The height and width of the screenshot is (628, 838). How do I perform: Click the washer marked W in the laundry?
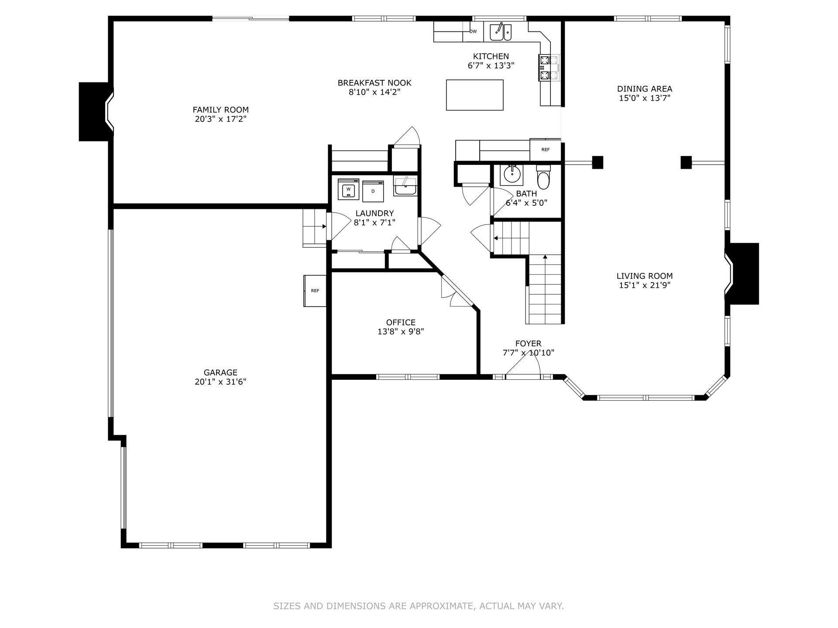[348, 189]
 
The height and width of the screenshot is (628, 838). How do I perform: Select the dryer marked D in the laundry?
[373, 191]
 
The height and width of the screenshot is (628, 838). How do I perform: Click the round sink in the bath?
[511, 175]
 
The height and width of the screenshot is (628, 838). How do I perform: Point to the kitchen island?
[474, 95]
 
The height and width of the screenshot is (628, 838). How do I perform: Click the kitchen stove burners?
[550, 68]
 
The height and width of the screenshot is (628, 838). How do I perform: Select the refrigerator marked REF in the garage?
[315, 291]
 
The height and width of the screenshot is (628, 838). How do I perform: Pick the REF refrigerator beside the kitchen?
[545, 150]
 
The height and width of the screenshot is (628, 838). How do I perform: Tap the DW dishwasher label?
[474, 31]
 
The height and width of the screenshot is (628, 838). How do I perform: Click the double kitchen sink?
[500, 32]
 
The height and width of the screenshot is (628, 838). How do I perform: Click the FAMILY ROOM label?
[221, 110]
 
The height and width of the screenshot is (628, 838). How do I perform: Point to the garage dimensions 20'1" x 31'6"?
[221, 382]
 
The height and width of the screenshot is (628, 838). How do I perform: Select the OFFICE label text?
[401, 322]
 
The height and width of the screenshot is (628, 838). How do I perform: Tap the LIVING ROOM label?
[645, 276]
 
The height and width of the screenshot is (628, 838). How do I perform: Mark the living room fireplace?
[742, 273]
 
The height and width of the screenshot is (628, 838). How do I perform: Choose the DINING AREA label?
[645, 89]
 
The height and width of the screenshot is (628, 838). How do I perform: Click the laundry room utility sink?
[405, 186]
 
